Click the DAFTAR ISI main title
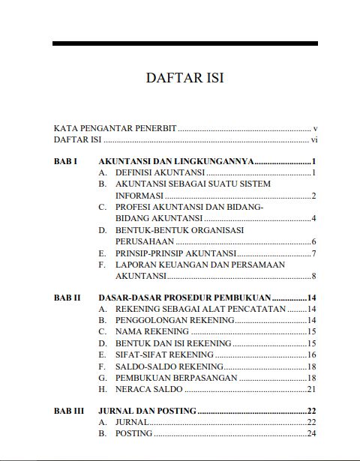click(184, 78)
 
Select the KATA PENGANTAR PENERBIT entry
click(115, 128)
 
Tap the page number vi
click(315, 139)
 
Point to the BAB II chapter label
click(67, 298)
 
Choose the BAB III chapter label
click(69, 411)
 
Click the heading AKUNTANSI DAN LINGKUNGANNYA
click(177, 161)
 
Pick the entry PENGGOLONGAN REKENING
click(175, 320)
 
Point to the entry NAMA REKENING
click(152, 331)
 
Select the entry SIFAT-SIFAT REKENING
click(163, 355)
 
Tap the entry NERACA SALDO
click(149, 389)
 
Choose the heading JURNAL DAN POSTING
click(148, 411)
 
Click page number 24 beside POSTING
click(311, 433)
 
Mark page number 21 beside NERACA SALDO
click(311, 389)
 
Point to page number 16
click(311, 355)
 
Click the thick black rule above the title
click(184, 43)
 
